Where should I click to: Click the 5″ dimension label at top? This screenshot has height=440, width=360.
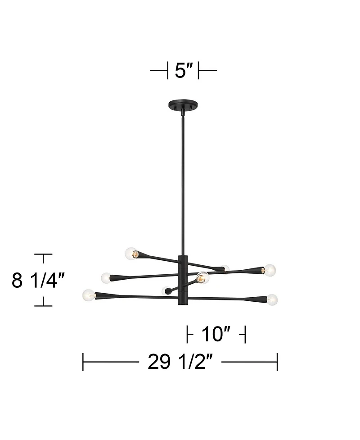coord(183,71)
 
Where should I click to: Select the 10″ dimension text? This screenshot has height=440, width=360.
coord(216,334)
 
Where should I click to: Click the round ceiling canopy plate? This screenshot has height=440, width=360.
coord(183,105)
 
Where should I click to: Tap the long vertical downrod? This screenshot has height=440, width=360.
coord(183,180)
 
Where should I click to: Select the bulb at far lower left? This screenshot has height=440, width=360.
coord(89,295)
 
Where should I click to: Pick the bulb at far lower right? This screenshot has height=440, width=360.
coord(272,299)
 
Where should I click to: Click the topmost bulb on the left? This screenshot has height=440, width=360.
coord(131,254)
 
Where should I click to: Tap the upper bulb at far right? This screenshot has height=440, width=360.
coord(270,270)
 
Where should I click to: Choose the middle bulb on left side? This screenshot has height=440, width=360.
coord(106,277)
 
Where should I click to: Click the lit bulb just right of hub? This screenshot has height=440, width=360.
coord(202,278)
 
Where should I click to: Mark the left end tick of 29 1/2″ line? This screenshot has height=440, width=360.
coord(83,362)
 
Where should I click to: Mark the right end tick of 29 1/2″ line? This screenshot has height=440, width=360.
coord(277,362)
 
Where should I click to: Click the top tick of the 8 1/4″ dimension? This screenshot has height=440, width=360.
coord(43,255)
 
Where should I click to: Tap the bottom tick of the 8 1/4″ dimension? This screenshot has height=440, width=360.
coord(43,305)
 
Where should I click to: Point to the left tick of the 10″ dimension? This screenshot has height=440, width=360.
coord(188,335)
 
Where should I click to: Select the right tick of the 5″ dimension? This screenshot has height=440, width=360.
coord(199,71)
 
